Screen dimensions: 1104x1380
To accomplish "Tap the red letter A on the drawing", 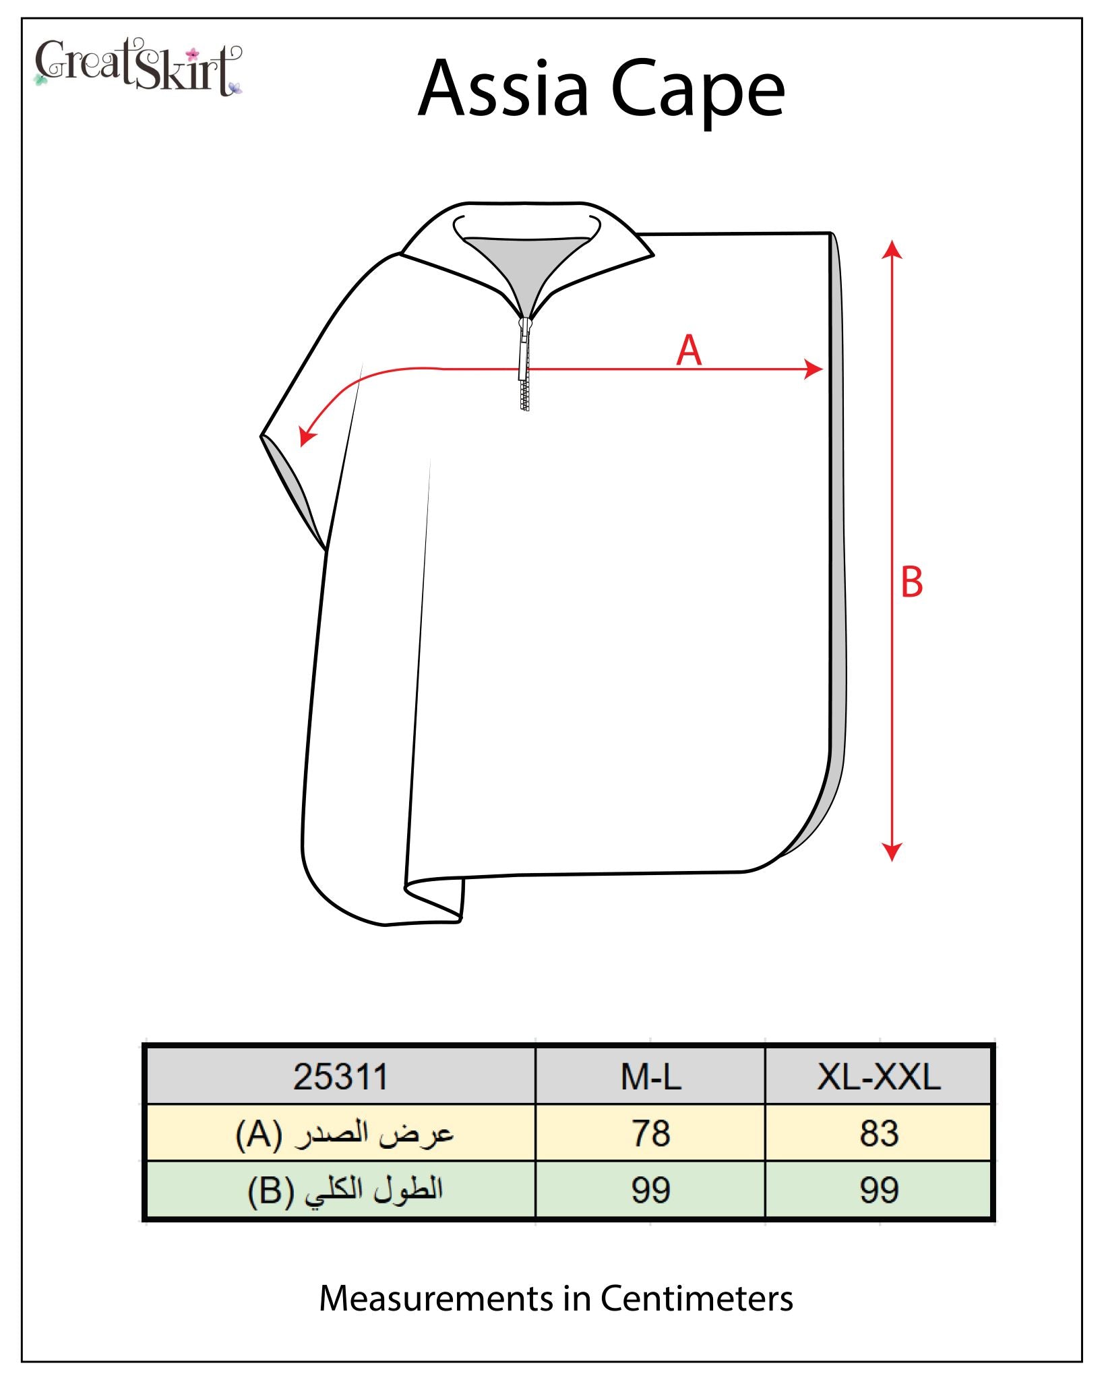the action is point(689,351).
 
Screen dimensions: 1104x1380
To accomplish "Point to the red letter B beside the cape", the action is point(911,582).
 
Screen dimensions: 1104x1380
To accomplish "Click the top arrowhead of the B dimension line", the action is point(892,249).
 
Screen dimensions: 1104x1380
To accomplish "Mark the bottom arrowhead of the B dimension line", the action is point(892,852).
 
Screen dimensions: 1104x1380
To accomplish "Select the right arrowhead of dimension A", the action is point(814,369).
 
